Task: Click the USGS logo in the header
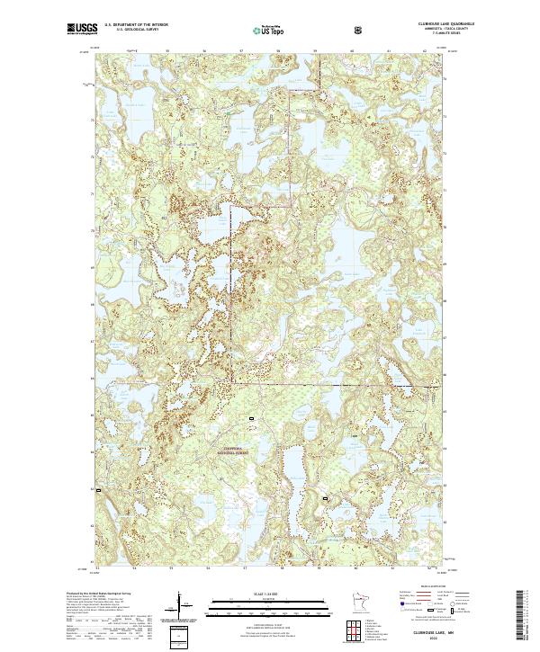(x=80, y=29)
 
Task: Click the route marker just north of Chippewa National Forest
(x=252, y=419)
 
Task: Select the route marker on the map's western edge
(x=97, y=489)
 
